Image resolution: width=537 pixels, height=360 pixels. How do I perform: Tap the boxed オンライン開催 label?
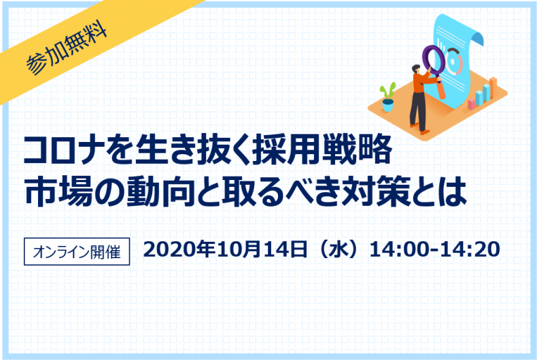click(x=76, y=251)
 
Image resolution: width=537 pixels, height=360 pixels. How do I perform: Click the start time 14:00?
click(x=394, y=249)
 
